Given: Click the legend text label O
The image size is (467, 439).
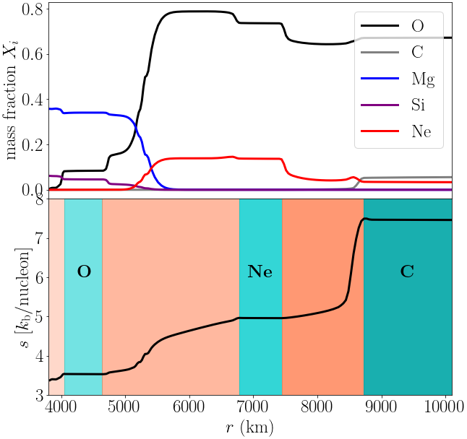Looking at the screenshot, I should (417, 27).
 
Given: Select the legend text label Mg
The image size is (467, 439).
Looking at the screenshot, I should (422, 79).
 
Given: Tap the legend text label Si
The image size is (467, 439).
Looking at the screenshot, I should (418, 105).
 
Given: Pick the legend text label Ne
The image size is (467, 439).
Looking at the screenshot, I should (421, 131).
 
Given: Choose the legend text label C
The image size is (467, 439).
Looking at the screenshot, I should (417, 53).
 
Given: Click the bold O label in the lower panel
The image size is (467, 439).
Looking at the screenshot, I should (84, 272).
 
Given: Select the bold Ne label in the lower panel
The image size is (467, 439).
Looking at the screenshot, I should (260, 272).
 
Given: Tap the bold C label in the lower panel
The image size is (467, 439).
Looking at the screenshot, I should (407, 272).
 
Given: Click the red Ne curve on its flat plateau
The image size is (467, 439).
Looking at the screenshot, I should (195, 158).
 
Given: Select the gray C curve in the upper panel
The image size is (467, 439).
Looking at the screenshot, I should (405, 177).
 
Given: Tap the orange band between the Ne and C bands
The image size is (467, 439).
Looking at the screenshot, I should (322, 260).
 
